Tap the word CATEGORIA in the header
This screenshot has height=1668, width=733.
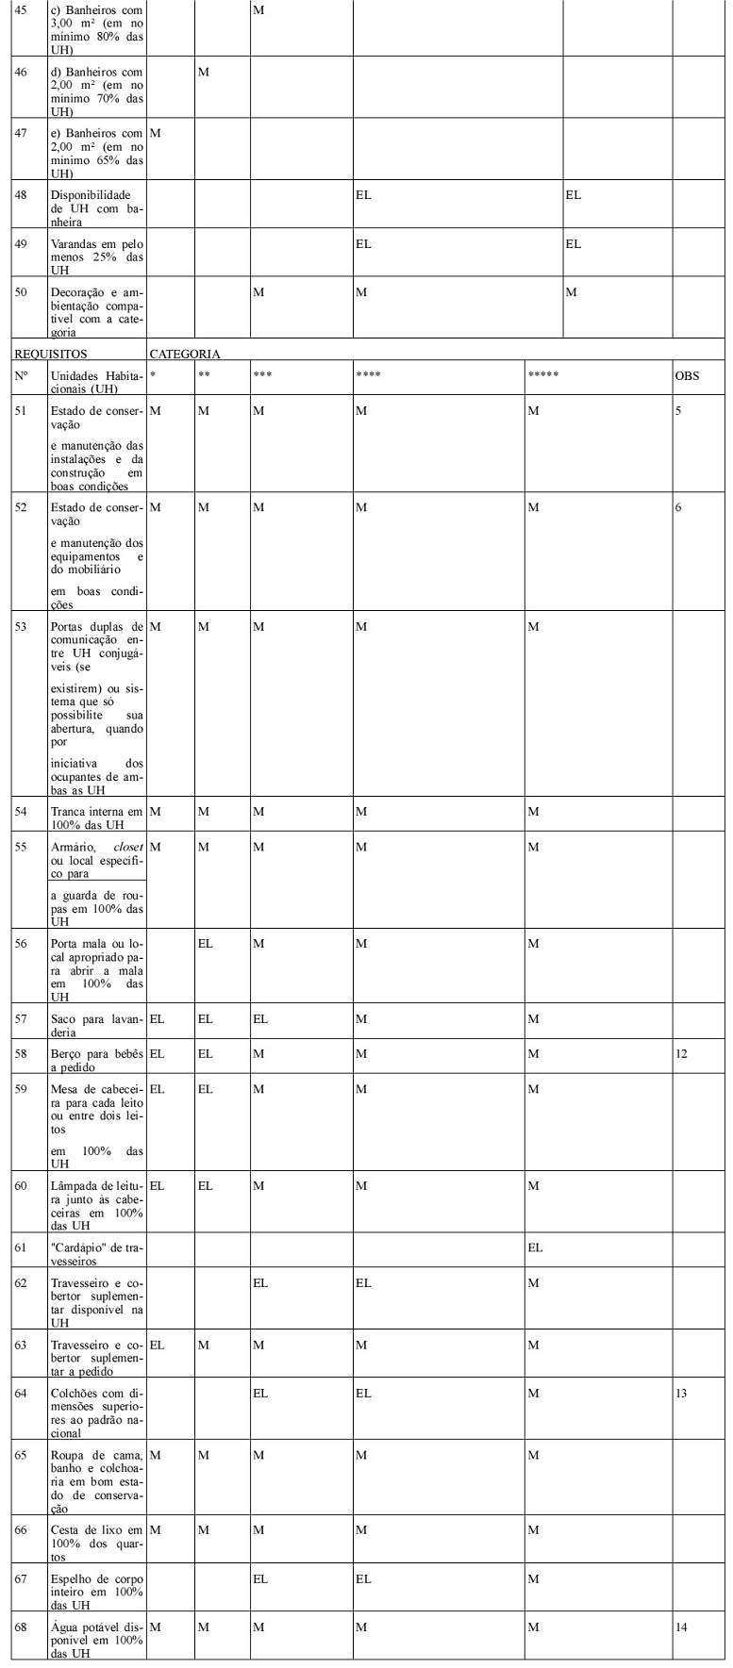[185, 355]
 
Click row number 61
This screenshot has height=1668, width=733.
[22, 1247]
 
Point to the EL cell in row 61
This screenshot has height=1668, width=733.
[535, 1247]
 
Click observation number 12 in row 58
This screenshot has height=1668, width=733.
[681, 1053]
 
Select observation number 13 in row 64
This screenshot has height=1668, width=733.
[681, 1394]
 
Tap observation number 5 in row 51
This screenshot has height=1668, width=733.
[678, 411]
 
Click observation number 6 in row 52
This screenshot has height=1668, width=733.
[678, 507]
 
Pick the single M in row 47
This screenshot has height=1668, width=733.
[155, 133]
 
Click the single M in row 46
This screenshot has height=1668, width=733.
[203, 72]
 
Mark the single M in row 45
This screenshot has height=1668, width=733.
[258, 9]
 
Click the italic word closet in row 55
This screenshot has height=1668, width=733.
[127, 847]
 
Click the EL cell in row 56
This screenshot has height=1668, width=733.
[205, 943]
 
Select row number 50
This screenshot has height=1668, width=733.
[22, 292]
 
